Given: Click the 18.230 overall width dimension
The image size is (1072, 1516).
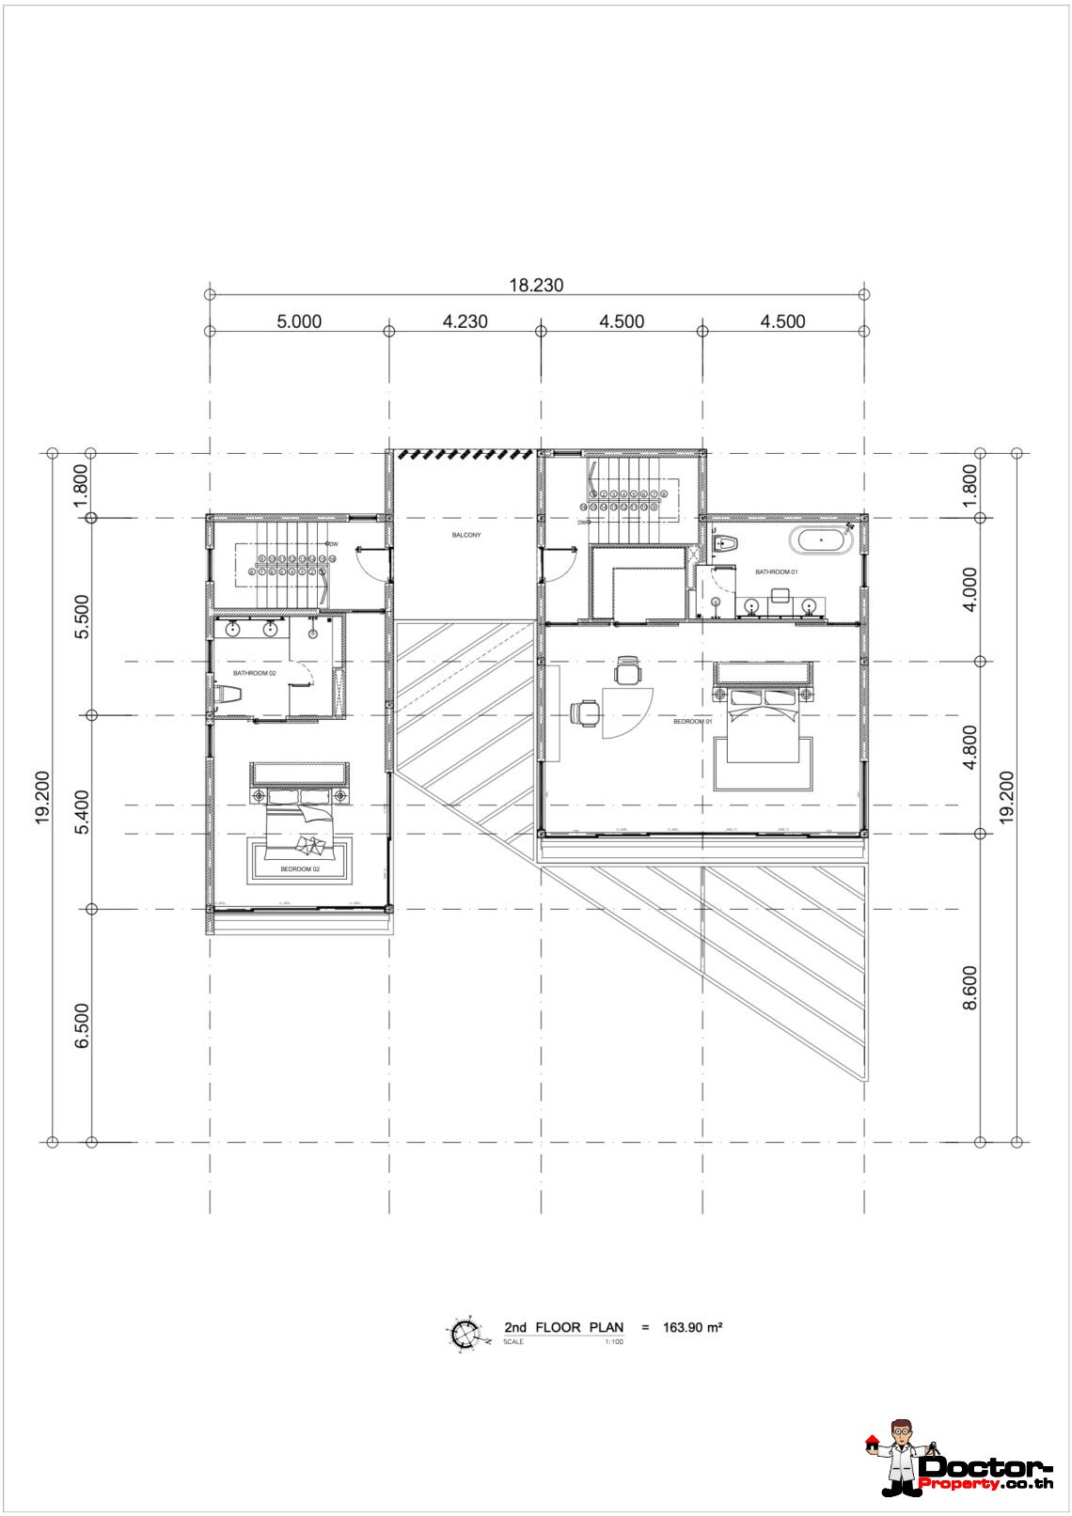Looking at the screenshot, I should (536, 285).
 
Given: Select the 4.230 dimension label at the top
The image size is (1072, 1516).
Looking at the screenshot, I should (465, 321).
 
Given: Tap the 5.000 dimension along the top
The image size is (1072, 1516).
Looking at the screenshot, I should (299, 321).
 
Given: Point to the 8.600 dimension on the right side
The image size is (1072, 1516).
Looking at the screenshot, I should (970, 988).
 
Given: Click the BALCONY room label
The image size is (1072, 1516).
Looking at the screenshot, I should (465, 535).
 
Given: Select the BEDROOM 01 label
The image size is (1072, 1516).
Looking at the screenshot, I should (693, 722).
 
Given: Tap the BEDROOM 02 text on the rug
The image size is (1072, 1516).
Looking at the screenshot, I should (300, 870).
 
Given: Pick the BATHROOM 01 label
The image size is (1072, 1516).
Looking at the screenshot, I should (776, 571).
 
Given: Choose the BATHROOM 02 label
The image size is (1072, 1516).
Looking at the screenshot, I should (254, 673).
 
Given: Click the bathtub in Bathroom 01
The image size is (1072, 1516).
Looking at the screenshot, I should (822, 540).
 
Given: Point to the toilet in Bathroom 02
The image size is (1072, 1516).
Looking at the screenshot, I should (229, 694).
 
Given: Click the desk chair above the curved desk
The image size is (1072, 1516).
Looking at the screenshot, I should (627, 671).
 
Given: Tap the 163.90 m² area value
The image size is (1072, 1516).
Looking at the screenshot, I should (692, 1327).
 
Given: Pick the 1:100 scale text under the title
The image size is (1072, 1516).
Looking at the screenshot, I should (613, 1341).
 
